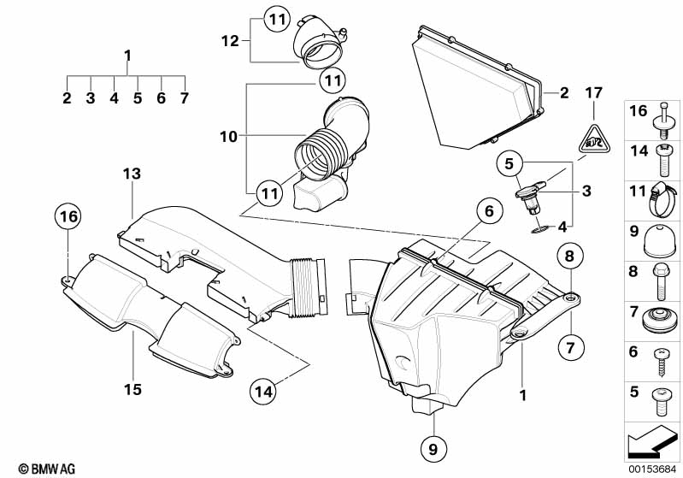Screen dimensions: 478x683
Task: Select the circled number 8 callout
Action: [x=570, y=256]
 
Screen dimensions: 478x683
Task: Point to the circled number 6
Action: [x=484, y=210]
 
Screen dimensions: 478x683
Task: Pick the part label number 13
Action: [x=130, y=174]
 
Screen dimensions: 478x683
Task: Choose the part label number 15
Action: [x=132, y=390]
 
